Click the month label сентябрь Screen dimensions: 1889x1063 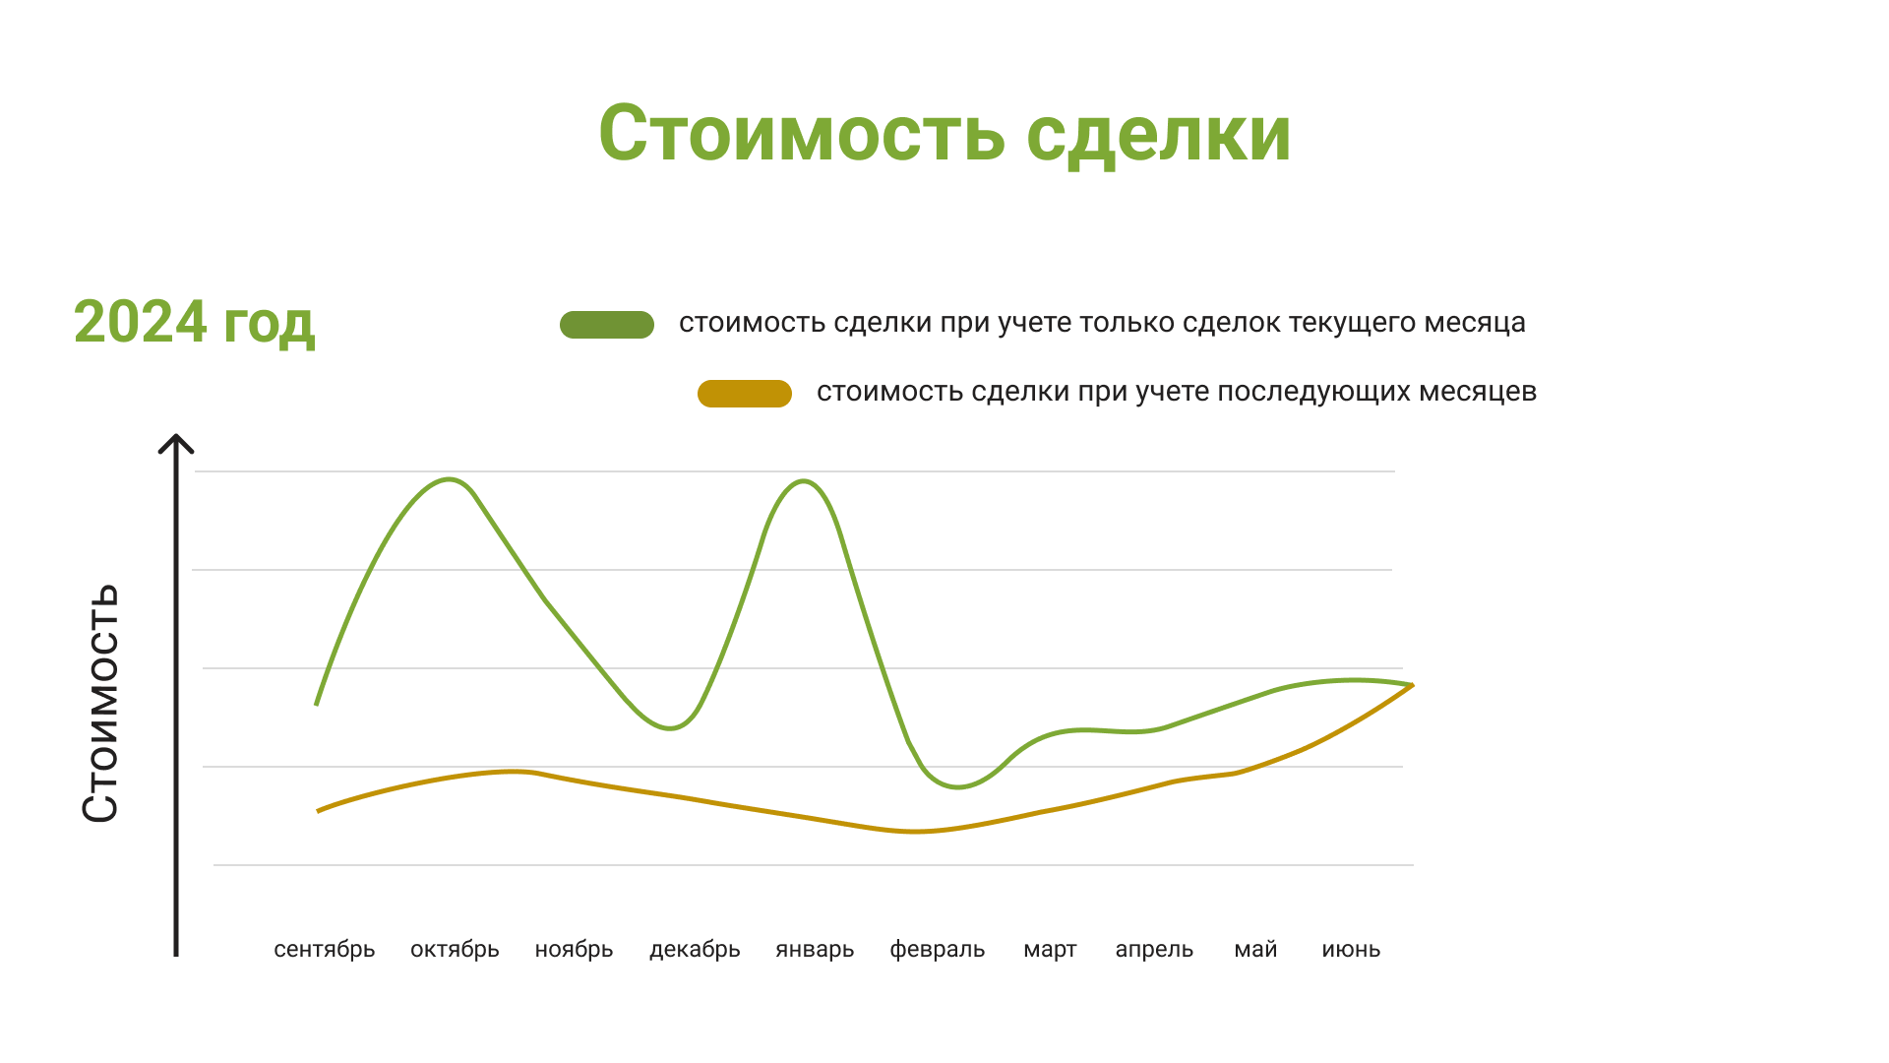tap(325, 951)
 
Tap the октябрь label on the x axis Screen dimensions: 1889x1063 tap(455, 951)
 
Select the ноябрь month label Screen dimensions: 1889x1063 tap(574, 951)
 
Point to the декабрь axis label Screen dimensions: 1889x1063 tap(695, 951)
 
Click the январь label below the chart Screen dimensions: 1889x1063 tap(815, 951)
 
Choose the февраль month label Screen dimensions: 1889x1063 tap(938, 951)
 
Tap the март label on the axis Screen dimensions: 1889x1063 tap(1050, 951)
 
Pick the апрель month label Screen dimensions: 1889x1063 tap(1154, 951)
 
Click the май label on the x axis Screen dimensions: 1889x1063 tap(1255, 950)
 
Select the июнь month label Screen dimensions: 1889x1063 tap(1351, 950)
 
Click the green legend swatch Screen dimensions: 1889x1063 tap(607, 325)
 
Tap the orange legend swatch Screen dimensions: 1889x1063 tap(745, 394)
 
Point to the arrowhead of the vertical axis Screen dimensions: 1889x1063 tap(176, 436)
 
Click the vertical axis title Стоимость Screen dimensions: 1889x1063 tap(100, 703)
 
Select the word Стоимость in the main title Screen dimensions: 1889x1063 tap(802, 134)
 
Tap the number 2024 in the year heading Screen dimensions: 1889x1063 tap(141, 322)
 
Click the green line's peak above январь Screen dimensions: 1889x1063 tap(805, 481)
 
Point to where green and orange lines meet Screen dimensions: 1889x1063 tap(1412, 685)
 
